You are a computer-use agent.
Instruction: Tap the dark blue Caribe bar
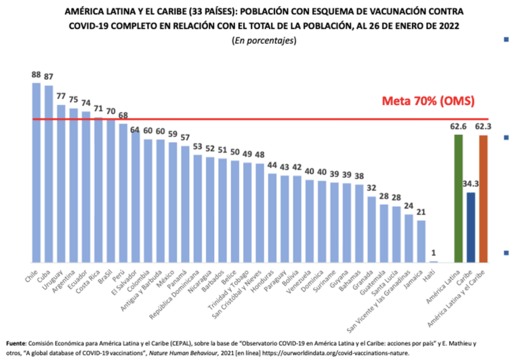471,227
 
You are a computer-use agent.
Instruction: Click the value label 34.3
471,184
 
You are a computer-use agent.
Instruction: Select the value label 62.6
457,126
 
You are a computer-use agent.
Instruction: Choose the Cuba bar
49,174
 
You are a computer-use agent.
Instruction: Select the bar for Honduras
272,218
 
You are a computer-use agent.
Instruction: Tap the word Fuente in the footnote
18,342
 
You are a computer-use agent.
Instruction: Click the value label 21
421,212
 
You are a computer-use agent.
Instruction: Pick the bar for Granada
371,229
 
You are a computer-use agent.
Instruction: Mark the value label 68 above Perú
123,115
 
